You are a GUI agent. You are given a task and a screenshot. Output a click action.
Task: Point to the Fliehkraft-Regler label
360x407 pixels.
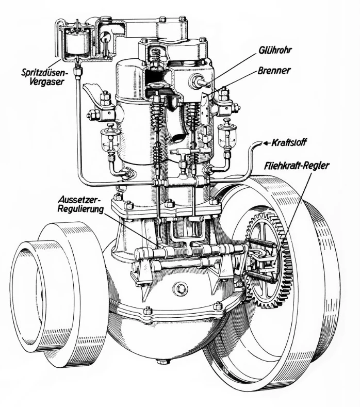296,166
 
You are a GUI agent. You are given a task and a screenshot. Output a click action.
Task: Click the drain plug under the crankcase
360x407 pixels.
163,362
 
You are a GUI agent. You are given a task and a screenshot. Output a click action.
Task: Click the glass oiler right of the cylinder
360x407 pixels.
225,135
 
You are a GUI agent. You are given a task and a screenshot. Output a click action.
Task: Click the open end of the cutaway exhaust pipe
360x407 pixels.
179,137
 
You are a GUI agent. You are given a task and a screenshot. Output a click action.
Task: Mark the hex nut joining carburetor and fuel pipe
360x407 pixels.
77,71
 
